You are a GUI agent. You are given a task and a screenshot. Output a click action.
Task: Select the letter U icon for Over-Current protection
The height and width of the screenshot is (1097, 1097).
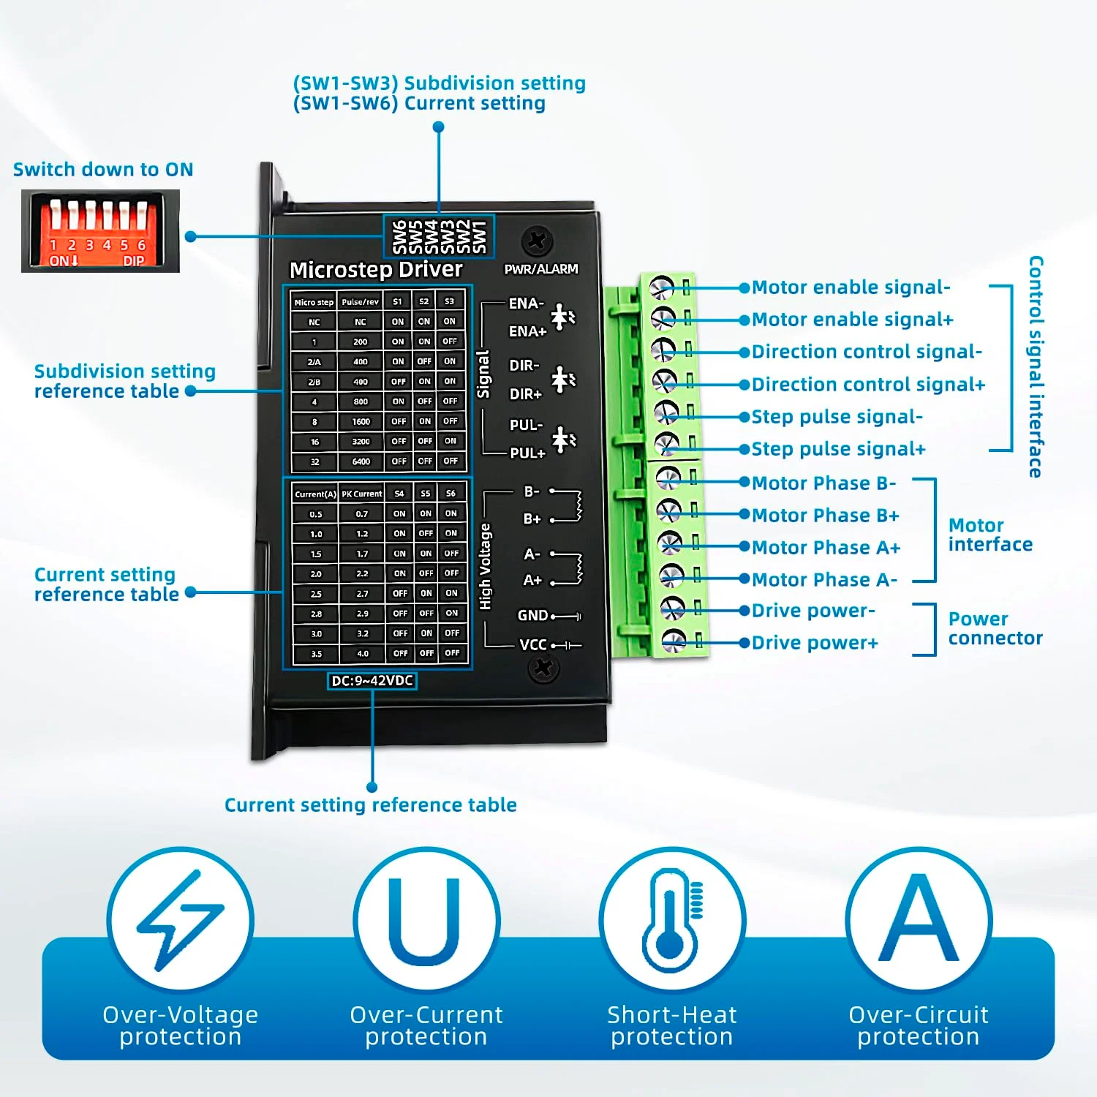pos(425,920)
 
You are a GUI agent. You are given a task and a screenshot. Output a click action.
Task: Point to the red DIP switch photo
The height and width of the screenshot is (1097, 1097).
pos(100,231)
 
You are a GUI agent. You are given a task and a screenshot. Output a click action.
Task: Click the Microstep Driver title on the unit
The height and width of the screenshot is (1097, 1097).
pos(376,270)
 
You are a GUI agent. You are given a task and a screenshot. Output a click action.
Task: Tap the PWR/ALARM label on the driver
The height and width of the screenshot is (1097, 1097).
pos(541,269)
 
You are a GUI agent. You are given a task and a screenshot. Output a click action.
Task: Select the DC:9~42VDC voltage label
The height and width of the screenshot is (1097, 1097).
pos(372,681)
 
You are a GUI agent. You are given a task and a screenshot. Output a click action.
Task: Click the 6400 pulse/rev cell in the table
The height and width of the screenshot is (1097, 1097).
pos(361,461)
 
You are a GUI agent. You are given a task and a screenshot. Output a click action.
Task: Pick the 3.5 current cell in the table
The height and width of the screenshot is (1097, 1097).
pos(316,654)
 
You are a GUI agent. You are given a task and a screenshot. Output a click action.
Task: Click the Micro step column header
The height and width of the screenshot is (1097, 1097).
pos(314,302)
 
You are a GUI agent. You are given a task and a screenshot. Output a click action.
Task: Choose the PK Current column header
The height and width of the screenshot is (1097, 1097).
pos(362,494)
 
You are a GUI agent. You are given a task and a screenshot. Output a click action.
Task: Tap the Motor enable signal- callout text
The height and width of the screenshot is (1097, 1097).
pos(851,287)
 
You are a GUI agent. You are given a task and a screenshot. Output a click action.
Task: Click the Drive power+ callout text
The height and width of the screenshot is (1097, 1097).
pos(815,643)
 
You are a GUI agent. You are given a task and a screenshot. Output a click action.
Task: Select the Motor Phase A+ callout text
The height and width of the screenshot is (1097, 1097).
pos(826,547)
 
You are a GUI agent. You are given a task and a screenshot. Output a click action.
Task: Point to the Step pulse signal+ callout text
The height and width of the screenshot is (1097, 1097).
pos(838,449)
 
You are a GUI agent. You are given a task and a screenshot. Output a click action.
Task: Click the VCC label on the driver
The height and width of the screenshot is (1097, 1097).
pos(533,645)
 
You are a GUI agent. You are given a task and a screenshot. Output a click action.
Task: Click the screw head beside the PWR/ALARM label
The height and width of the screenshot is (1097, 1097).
pos(538,241)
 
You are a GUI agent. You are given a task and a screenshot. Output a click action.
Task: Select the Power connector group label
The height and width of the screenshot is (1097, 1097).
pos(995,628)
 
